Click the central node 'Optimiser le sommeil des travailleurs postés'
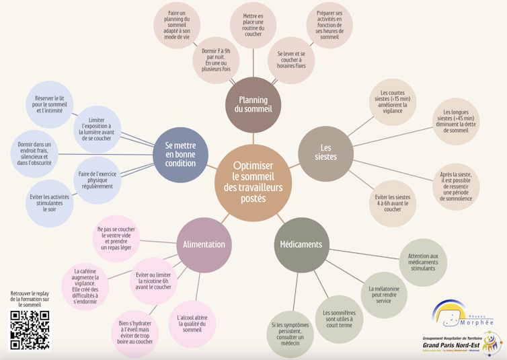click(253, 182)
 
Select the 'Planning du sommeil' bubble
click(253, 104)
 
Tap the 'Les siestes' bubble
click(325, 153)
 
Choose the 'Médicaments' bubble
click(301, 244)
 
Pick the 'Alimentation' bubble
click(204, 244)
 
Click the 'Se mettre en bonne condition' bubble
click(180, 154)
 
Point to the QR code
click(30, 329)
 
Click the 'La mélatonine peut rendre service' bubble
click(383, 294)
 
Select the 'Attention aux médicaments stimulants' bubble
click(423, 262)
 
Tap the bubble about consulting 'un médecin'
click(290, 334)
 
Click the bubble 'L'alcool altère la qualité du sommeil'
click(192, 324)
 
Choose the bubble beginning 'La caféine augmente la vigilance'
click(85, 286)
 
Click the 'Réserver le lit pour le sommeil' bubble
click(48, 104)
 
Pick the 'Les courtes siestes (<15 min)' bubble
click(395, 102)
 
